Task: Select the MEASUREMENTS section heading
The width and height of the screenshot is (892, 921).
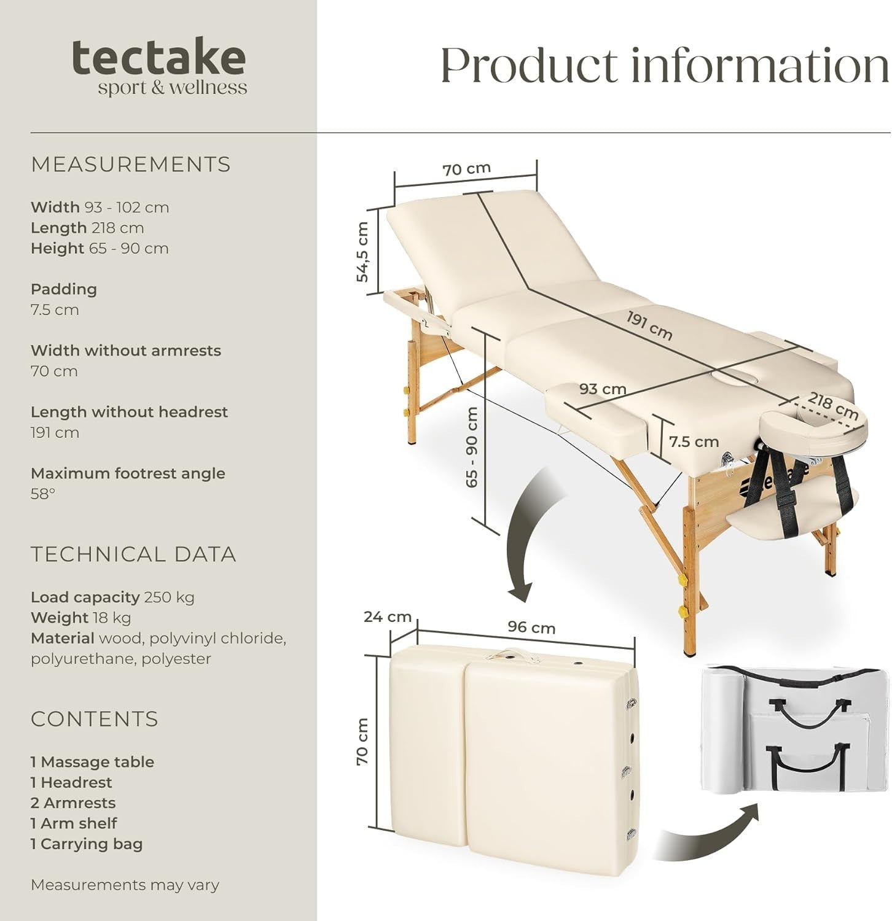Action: [x=131, y=165]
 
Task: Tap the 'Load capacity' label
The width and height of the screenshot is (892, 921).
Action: [x=85, y=597]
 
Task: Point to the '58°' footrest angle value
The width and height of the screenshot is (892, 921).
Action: [x=43, y=494]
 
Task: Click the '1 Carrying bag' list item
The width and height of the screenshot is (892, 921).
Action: [x=87, y=844]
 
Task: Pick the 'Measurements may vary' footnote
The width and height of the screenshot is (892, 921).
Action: [x=125, y=885]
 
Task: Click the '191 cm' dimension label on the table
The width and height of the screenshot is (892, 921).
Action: [x=649, y=325]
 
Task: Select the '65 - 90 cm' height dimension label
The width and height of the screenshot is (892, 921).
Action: [x=472, y=448]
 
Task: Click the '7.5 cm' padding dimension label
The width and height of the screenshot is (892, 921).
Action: [x=694, y=441]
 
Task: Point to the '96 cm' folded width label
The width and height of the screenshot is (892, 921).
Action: [x=531, y=628]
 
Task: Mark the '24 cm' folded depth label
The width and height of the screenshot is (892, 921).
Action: [x=387, y=616]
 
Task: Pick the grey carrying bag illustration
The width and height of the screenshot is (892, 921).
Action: [x=796, y=731]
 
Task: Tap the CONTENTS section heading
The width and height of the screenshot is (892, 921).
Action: [x=95, y=719]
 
